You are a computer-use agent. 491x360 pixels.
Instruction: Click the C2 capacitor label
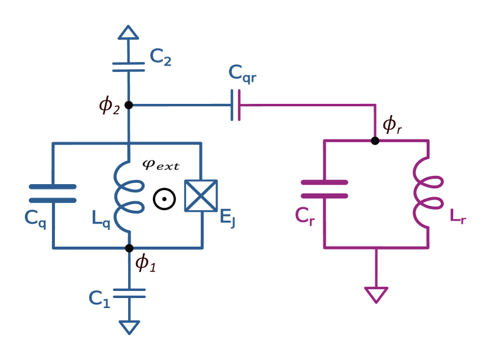pyautogui.click(x=160, y=57)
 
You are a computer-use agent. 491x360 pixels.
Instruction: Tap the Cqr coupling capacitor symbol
pyautogui.click(x=235, y=105)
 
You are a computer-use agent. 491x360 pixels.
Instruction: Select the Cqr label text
pyautogui.click(x=242, y=73)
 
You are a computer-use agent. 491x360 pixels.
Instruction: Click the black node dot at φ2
pyautogui.click(x=129, y=105)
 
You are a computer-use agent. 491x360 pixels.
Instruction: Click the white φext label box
pyautogui.click(x=160, y=165)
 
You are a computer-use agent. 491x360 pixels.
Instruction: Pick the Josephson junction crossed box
pyautogui.click(x=201, y=195)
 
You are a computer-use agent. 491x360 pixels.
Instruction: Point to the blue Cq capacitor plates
pyautogui.click(x=53, y=193)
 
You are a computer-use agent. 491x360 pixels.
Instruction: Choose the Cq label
pyautogui.click(x=35, y=217)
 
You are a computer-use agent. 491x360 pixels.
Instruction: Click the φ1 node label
pyautogui.click(x=146, y=263)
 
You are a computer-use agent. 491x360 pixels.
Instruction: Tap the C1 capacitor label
pyautogui.click(x=99, y=299)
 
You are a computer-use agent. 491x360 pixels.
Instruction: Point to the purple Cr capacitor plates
pyautogui.click(x=324, y=189)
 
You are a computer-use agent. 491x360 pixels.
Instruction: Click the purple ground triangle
pyautogui.click(x=376, y=294)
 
